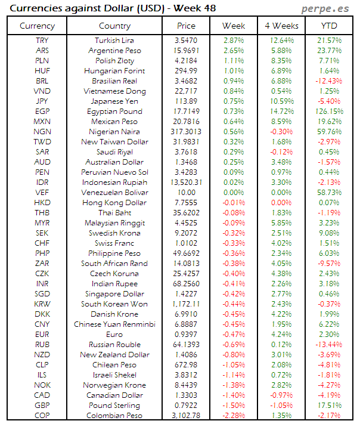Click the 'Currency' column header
37,26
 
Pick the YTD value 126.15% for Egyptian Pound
329,112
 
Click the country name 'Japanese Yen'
114,101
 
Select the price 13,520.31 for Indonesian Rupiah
186,182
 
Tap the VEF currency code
42,193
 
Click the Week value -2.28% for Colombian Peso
234,416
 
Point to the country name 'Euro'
114,335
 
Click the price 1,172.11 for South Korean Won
186,304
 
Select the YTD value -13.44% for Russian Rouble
329,345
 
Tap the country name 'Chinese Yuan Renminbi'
114,324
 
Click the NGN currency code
42,132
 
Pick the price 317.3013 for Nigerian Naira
186,132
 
